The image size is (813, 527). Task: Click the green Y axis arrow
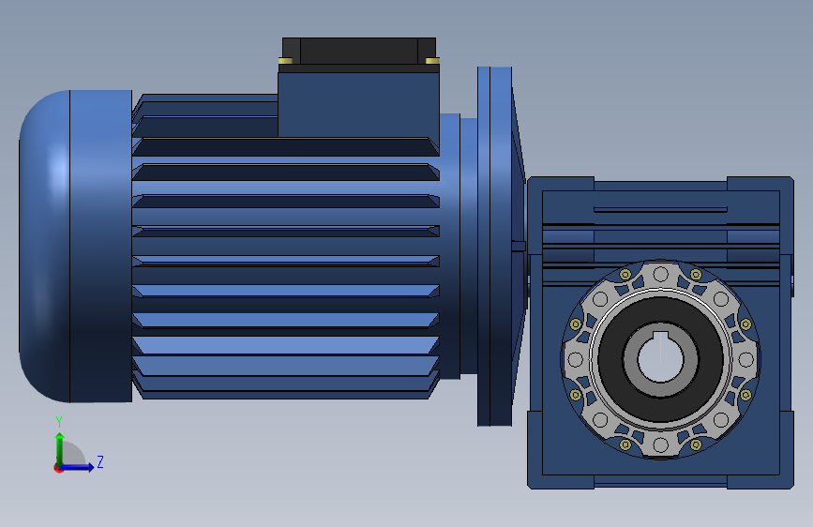(60, 449)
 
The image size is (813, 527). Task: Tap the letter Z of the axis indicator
(100, 461)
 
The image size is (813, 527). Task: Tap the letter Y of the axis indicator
(59, 422)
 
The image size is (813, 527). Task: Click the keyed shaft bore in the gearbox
(660, 358)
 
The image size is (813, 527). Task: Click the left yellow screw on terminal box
(286, 61)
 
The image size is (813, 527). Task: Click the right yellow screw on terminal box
(432, 61)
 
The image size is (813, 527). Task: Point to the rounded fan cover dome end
(45, 247)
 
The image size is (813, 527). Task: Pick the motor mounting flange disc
(494, 247)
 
